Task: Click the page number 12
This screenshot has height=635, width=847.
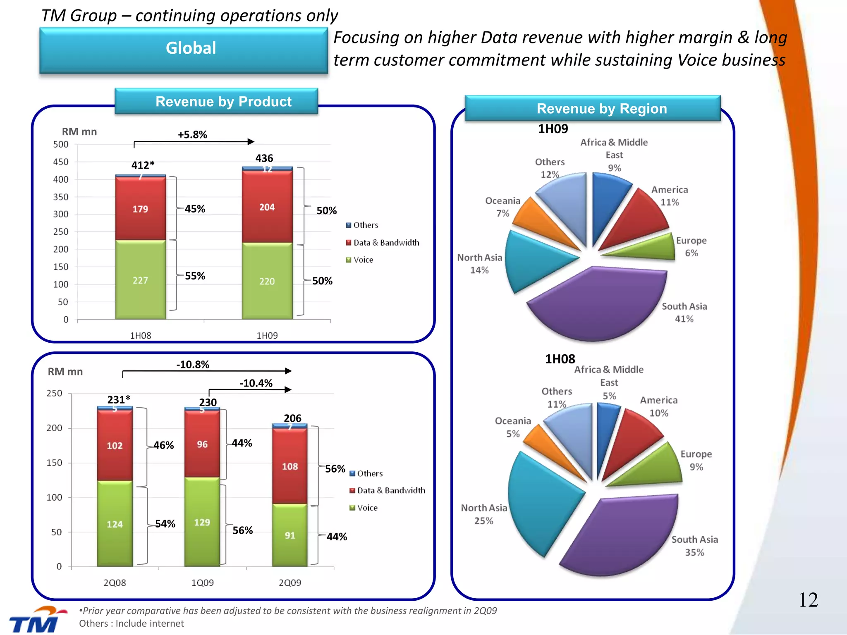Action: coord(808,600)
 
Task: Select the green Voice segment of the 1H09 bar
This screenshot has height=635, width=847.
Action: coord(267,281)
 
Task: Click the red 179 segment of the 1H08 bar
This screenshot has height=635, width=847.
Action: coord(141,209)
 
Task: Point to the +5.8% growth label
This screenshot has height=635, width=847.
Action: coord(192,135)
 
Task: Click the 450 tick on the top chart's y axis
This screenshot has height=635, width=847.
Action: coord(61,162)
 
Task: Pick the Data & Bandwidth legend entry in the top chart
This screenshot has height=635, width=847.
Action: coord(383,243)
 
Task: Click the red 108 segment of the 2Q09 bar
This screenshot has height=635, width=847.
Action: coord(290,466)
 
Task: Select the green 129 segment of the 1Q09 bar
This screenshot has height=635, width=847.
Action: coord(202,522)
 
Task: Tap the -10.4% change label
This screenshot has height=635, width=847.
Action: coord(256,383)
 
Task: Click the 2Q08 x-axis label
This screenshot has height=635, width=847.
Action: coord(115,583)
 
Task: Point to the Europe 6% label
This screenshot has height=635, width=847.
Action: coord(691,247)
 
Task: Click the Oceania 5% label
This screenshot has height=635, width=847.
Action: coord(513,427)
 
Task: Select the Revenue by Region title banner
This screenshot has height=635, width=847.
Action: coord(593,109)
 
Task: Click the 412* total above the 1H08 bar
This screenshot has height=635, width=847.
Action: coord(143,165)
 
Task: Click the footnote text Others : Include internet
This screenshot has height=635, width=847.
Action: coord(132,623)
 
